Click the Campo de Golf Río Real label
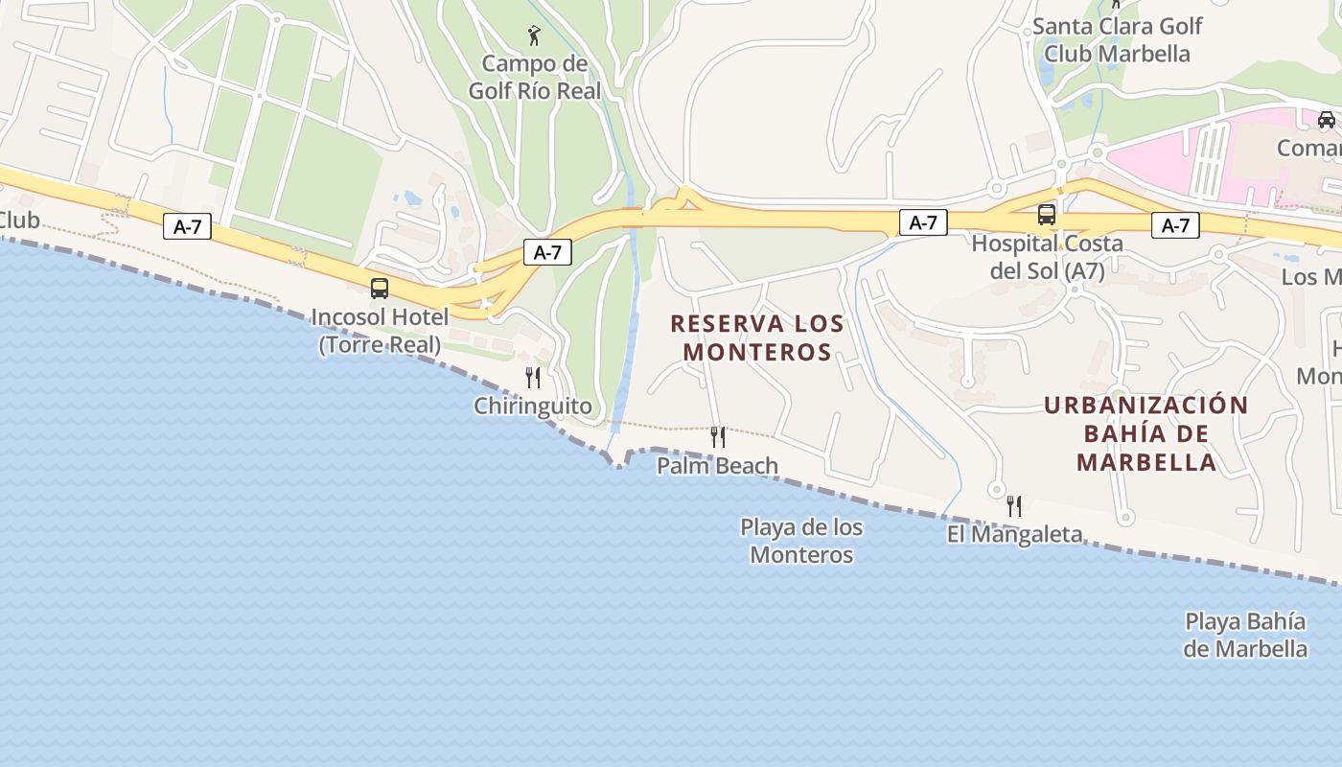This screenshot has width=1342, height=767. click(x=534, y=78)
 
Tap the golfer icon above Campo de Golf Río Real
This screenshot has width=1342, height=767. click(x=535, y=36)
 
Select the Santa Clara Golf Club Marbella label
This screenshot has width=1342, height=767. click(x=1117, y=40)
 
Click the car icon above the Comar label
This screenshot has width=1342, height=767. click(x=1326, y=120)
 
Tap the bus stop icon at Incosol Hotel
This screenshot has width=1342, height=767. click(x=380, y=288)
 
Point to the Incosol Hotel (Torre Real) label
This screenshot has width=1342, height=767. click(x=380, y=331)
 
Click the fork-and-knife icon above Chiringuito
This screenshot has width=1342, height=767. click(x=533, y=377)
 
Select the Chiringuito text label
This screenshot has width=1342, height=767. click(x=533, y=407)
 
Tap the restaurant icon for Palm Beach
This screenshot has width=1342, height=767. click(x=717, y=437)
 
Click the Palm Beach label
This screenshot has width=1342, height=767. click(x=717, y=466)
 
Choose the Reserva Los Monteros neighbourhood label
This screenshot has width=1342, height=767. click(x=757, y=337)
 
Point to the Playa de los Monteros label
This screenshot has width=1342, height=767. click(x=801, y=541)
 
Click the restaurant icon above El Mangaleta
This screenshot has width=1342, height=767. click(x=1014, y=505)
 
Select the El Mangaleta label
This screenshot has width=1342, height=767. click(x=1014, y=534)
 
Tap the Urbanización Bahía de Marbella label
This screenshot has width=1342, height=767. click(x=1146, y=433)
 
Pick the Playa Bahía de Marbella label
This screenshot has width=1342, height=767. click(x=1245, y=635)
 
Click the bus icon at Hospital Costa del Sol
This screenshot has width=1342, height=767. click(x=1047, y=215)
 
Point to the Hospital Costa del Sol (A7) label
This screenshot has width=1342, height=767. click(x=1047, y=257)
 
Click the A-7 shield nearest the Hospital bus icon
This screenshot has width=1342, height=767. click(x=923, y=223)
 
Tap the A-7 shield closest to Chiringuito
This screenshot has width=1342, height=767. click(x=547, y=253)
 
